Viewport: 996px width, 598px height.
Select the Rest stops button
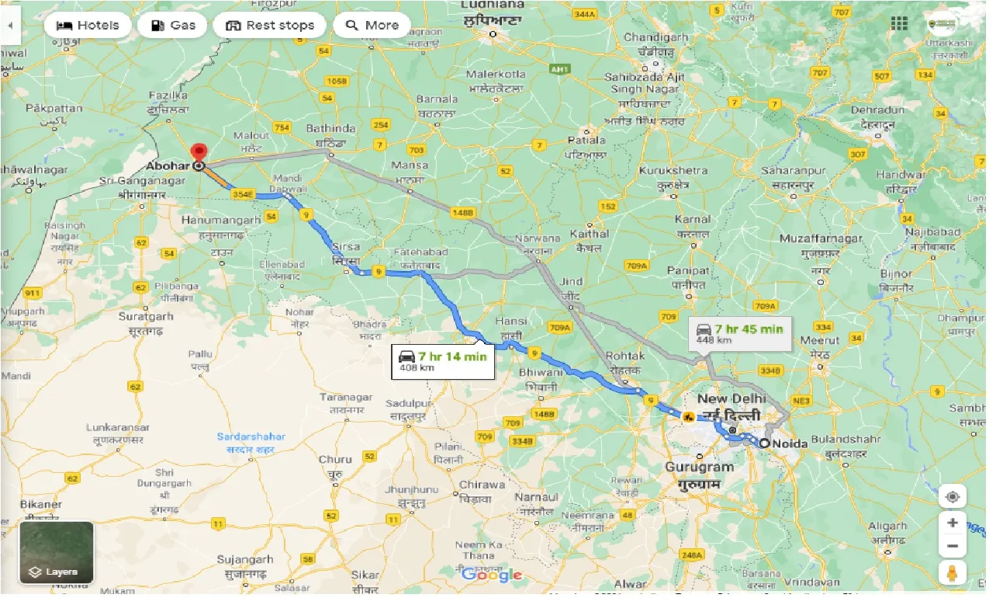point(269,26)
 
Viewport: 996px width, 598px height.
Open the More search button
point(372,26)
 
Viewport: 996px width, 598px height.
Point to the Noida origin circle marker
point(764,443)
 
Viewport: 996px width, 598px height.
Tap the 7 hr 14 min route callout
point(443,360)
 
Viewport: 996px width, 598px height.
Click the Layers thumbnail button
point(57,552)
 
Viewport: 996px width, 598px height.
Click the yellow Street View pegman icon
point(952,573)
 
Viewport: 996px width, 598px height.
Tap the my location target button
point(952,497)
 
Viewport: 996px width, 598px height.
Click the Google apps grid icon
point(899,24)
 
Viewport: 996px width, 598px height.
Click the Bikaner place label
point(42,505)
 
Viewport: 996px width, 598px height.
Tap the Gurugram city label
point(697,468)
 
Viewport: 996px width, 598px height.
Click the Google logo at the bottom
point(492,575)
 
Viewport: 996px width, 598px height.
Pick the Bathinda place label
point(330,129)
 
